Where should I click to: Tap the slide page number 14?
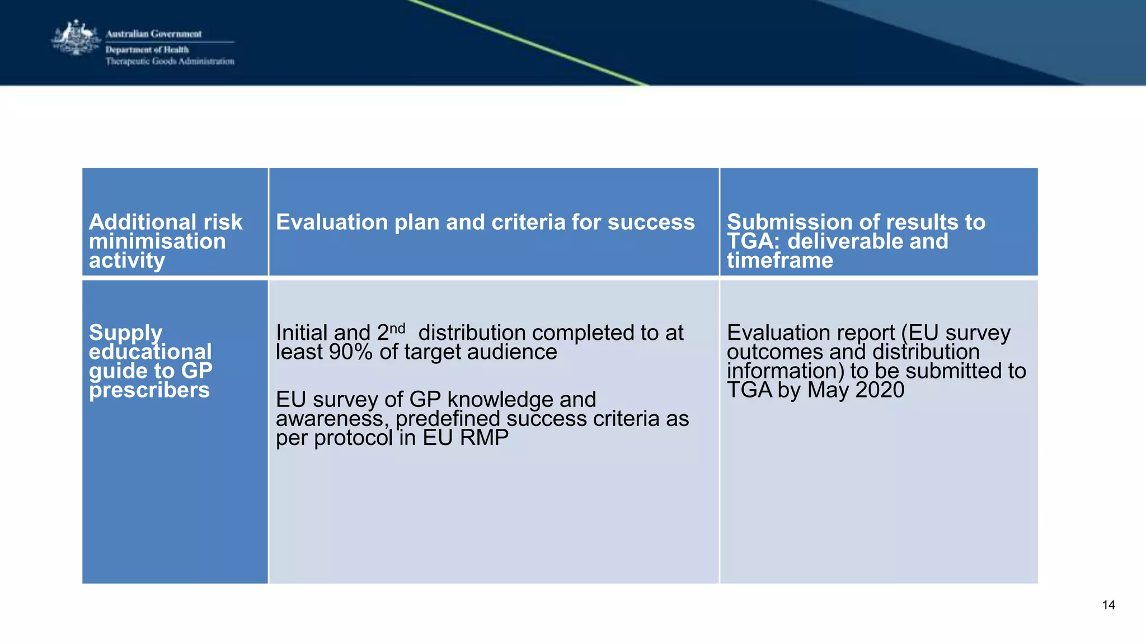(x=1108, y=605)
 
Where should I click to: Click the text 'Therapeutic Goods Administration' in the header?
(x=170, y=61)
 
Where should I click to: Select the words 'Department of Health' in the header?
(x=147, y=50)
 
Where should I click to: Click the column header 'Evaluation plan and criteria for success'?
(x=485, y=222)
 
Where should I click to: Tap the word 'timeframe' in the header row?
(x=779, y=261)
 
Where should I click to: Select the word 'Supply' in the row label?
(x=125, y=333)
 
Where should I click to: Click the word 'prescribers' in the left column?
(x=149, y=390)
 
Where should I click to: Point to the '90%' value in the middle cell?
(x=350, y=352)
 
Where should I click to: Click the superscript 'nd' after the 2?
(x=397, y=328)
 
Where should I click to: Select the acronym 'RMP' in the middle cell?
(x=484, y=438)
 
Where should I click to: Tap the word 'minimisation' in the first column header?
(x=157, y=241)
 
